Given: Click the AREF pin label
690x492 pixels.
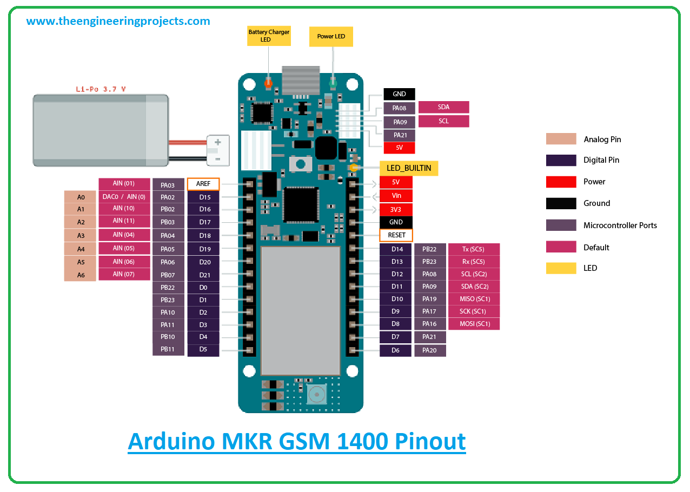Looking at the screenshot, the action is point(203,184).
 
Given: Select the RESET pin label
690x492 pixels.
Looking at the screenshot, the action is point(396,235).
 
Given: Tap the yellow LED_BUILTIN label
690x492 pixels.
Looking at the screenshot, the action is point(409,168).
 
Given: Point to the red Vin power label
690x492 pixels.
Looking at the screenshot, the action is point(396,196).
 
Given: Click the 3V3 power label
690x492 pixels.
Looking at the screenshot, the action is point(396,210).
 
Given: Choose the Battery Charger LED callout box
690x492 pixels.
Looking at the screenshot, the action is point(269,36).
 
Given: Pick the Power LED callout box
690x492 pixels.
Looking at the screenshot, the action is point(331,36).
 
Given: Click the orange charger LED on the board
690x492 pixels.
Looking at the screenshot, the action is point(268,83).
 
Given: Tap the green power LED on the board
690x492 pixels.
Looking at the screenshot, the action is point(333,83).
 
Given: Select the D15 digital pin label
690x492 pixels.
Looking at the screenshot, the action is point(203,197).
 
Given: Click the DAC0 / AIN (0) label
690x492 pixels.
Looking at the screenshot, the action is point(124,197).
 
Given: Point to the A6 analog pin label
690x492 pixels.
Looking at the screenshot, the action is point(80,275).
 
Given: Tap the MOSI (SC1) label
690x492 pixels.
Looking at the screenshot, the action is point(474,324).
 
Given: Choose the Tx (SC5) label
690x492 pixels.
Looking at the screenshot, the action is point(474,249).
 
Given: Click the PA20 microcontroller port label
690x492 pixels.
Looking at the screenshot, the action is point(430,350).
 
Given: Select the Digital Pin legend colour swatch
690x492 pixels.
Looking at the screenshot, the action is point(561,160).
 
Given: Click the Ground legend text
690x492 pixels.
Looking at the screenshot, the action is point(596,203).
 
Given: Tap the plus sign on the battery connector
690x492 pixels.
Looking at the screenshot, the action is point(218,142).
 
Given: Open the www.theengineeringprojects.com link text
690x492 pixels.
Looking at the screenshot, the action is point(118,21).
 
